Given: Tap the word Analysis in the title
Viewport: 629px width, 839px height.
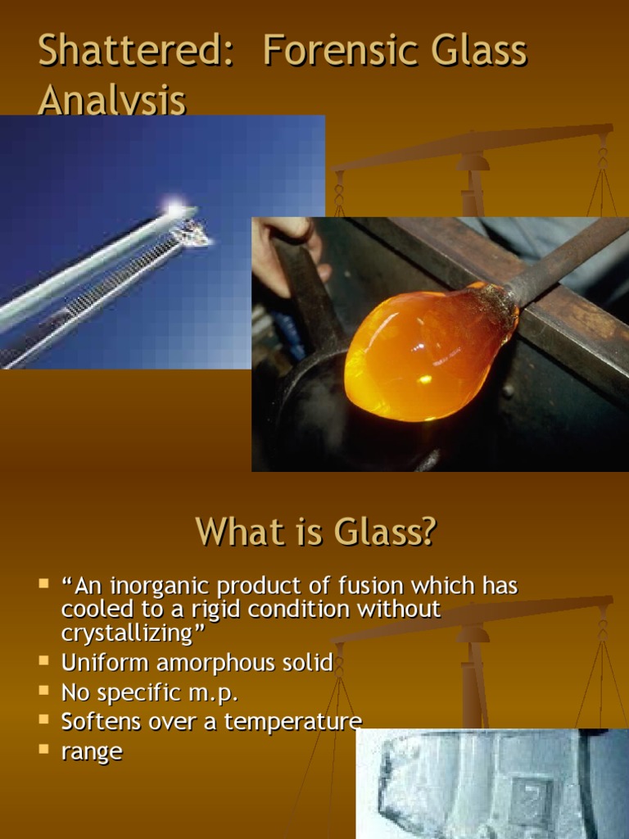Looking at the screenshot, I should coord(111,102).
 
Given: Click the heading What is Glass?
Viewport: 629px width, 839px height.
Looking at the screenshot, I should coord(315,532).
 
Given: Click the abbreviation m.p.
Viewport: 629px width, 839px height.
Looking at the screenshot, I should coord(215,693).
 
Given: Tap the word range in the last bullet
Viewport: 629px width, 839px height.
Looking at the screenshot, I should coord(92,751).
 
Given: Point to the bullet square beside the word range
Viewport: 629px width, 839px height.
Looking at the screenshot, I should coord(43,748).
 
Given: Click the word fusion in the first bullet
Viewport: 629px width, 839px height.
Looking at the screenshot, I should coord(366,586).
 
